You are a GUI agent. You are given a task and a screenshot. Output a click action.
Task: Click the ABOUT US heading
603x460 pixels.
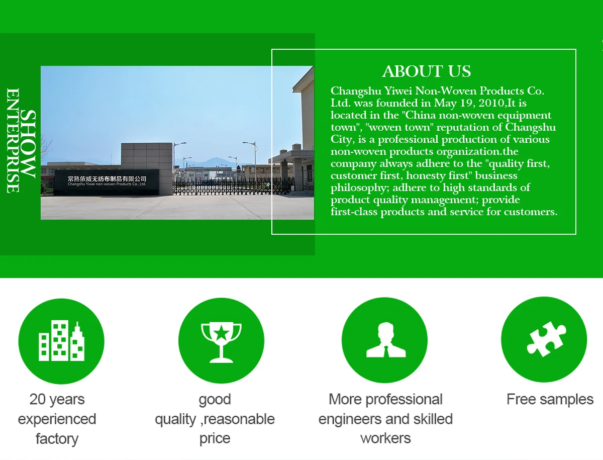pyautogui.click(x=427, y=71)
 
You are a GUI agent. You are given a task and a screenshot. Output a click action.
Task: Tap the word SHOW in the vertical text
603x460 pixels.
pyautogui.click(x=28, y=144)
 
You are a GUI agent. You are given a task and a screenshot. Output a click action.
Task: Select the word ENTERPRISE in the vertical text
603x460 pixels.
pyautogui.click(x=13, y=140)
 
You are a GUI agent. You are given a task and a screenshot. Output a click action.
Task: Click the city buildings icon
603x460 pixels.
pyautogui.click(x=61, y=340)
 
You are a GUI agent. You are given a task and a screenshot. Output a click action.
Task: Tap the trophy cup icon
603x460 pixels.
pyautogui.click(x=221, y=342)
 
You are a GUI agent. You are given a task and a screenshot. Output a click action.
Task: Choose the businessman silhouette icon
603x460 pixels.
pyautogui.click(x=386, y=340)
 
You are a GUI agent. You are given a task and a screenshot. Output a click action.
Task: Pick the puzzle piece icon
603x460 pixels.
pyautogui.click(x=546, y=339)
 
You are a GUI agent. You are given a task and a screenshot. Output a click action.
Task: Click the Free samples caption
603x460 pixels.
pyautogui.click(x=550, y=399)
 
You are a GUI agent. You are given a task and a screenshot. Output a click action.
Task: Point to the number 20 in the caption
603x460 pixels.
pyautogui.click(x=37, y=399)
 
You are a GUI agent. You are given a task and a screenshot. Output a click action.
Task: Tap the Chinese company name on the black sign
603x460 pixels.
pyautogui.click(x=107, y=179)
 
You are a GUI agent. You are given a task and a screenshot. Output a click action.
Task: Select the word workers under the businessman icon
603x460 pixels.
pyautogui.click(x=386, y=438)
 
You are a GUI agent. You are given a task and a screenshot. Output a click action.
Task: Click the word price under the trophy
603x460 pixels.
pyautogui.click(x=215, y=439)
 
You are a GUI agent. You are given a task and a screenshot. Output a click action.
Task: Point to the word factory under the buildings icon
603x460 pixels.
pyautogui.click(x=57, y=439)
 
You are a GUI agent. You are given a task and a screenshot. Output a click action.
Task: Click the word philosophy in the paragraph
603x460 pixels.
pyautogui.click(x=360, y=188)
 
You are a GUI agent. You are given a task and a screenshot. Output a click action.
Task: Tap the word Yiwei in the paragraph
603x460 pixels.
pyautogui.click(x=398, y=90)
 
